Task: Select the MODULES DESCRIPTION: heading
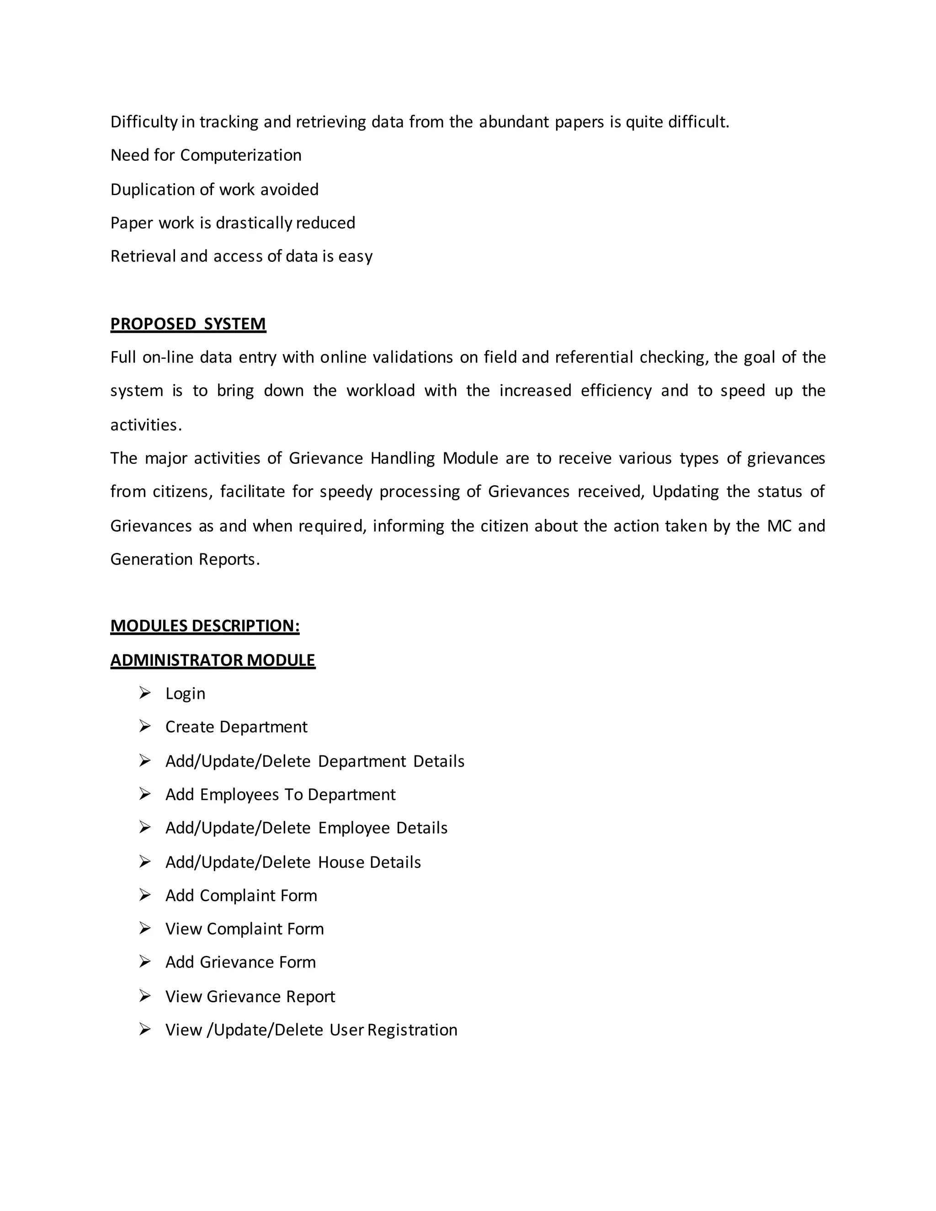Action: (x=205, y=626)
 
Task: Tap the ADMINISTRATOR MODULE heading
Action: (x=213, y=660)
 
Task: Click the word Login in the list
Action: (x=185, y=694)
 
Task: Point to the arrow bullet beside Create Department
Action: (x=145, y=727)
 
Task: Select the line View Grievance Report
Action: (x=250, y=996)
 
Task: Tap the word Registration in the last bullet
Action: (x=412, y=1030)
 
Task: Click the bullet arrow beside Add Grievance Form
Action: (x=145, y=962)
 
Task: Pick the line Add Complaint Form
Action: (x=241, y=896)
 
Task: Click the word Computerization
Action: (x=241, y=155)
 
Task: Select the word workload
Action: (x=380, y=391)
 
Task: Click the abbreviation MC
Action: (x=779, y=526)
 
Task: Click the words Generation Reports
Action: (x=185, y=559)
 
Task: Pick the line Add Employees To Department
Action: (x=280, y=795)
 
